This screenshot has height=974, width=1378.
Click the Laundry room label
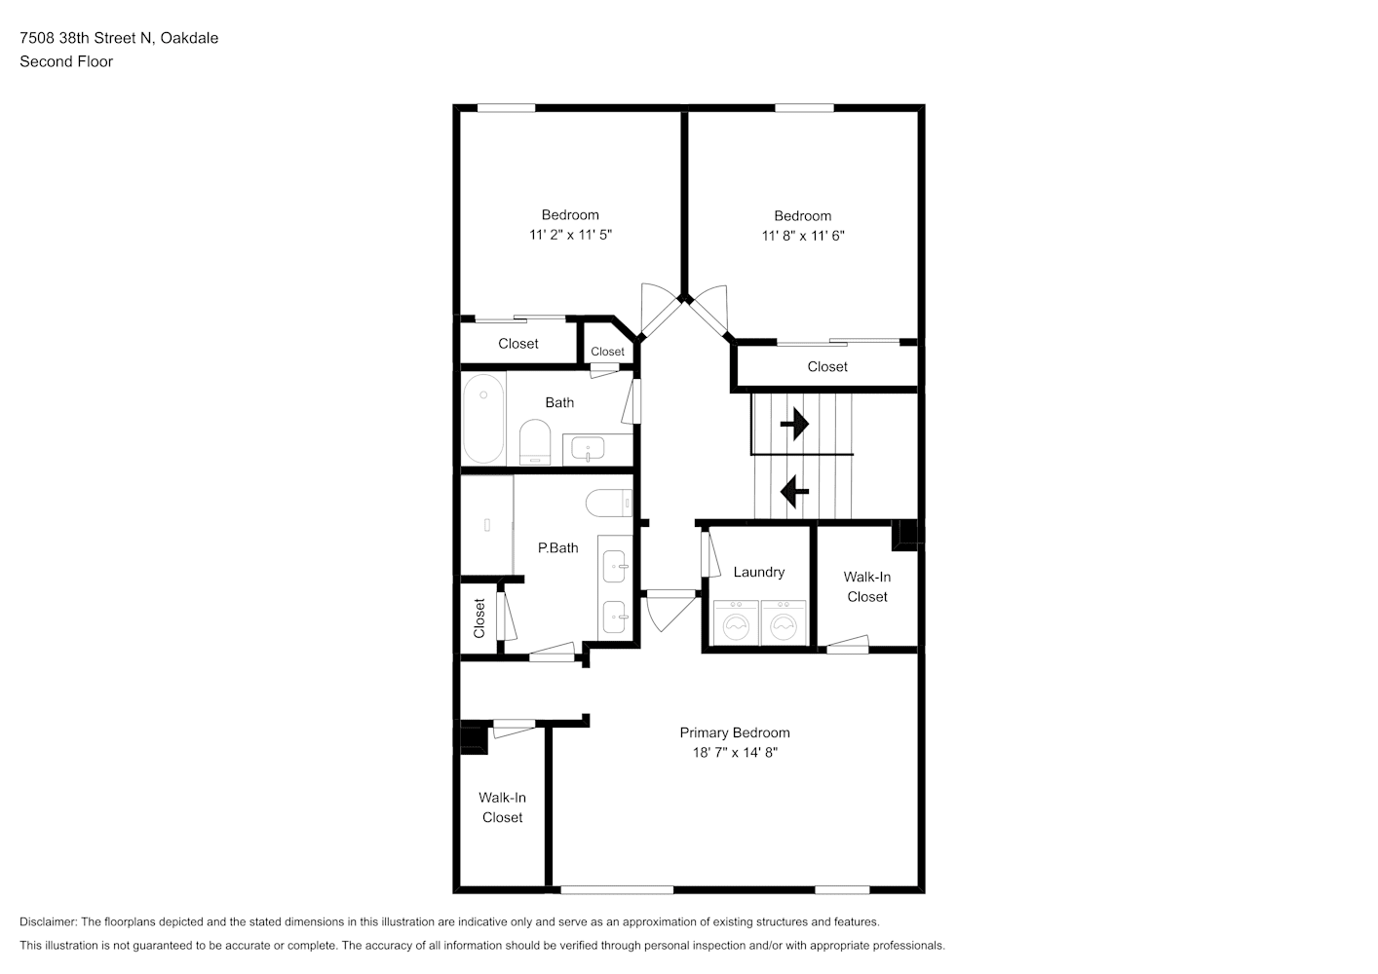758,573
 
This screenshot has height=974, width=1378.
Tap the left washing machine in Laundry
736,623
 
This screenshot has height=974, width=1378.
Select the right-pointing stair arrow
794,424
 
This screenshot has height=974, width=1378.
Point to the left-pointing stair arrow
794,491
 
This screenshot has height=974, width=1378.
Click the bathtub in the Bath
483,419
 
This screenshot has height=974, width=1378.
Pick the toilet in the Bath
535,442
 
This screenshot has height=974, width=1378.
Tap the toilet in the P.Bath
609,503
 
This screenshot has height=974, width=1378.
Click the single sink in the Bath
588,448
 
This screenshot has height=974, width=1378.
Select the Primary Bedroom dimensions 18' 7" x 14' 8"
735,753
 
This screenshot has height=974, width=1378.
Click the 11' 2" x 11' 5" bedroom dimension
570,235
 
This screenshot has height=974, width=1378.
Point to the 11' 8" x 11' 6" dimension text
803,236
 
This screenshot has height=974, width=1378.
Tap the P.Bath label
558,547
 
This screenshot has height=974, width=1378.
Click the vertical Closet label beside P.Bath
479,618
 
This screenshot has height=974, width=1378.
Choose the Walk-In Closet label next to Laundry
866,586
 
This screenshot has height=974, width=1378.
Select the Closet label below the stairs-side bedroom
827,367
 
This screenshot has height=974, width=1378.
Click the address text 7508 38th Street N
86,38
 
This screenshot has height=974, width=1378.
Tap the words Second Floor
66,61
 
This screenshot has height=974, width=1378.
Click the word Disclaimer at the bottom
49,921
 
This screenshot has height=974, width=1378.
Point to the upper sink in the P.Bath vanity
615,566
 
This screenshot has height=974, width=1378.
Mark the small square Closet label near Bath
607,352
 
